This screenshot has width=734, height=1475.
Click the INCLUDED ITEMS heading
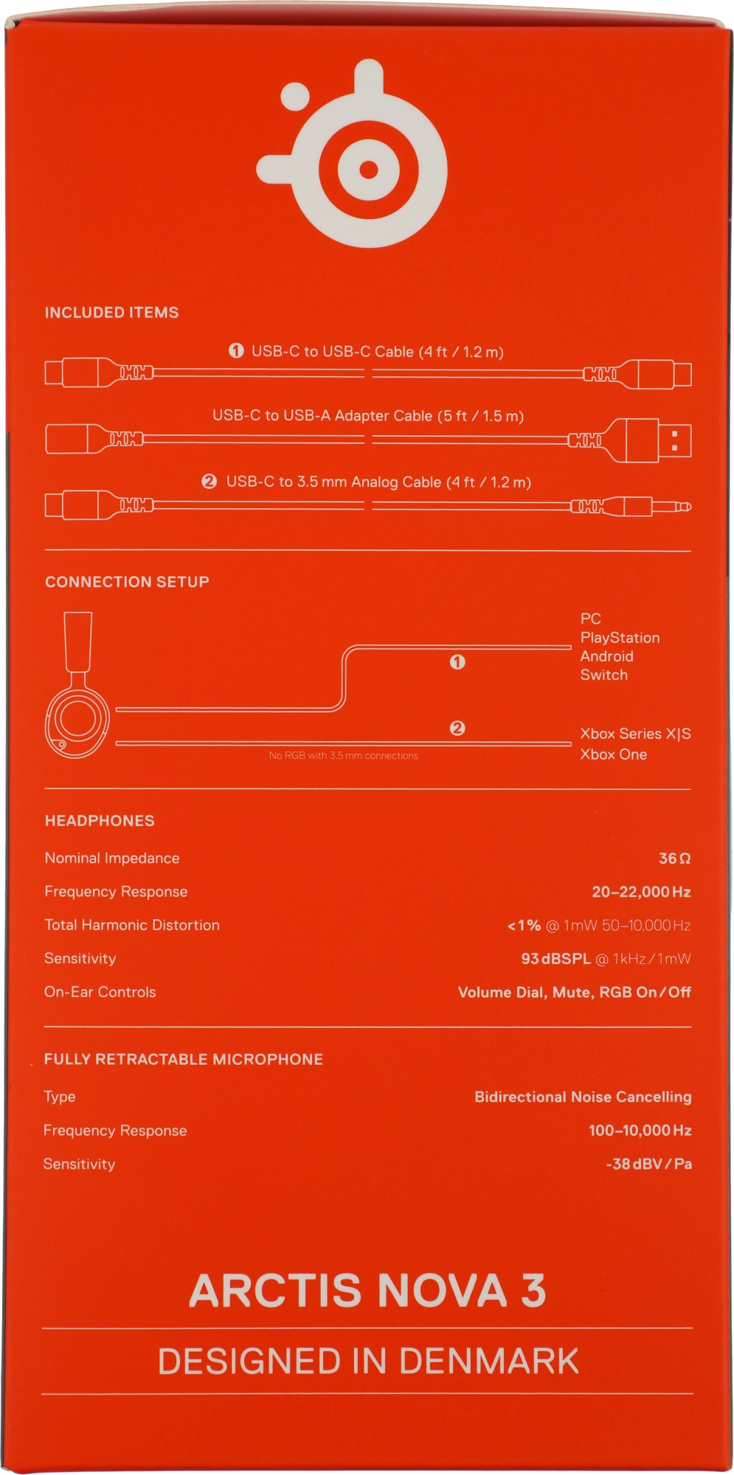(x=111, y=313)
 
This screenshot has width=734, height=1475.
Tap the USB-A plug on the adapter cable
(x=659, y=440)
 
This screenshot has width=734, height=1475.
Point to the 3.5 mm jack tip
(x=684, y=507)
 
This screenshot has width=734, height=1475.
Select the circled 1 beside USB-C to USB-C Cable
(x=236, y=351)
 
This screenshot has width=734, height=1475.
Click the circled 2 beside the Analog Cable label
(x=209, y=482)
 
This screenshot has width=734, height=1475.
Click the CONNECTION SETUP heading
(x=127, y=582)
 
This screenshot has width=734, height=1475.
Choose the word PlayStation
(x=620, y=638)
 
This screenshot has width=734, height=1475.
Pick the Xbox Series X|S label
(x=635, y=734)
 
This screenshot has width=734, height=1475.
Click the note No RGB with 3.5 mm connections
(x=343, y=756)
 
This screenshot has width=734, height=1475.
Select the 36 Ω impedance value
(x=674, y=858)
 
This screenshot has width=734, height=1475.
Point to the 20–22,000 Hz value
(x=641, y=892)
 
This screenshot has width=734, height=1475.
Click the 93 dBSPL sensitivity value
(x=555, y=959)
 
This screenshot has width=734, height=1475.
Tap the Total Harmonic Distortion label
(x=132, y=926)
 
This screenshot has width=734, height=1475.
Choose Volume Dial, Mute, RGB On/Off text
(x=574, y=993)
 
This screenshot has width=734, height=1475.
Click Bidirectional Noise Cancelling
(x=583, y=1097)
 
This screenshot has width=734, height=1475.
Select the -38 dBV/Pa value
(x=648, y=1165)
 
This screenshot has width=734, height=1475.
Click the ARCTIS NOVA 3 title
(x=367, y=1291)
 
